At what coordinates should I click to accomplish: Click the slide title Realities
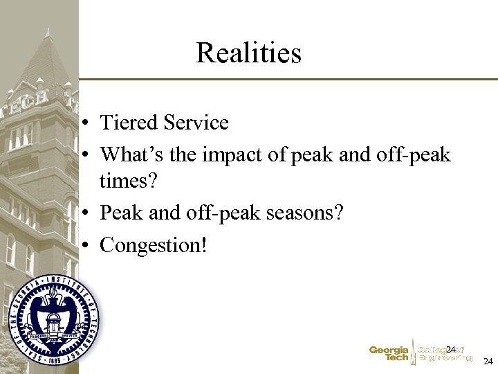click(248, 53)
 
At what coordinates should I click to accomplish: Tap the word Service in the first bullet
click(196, 123)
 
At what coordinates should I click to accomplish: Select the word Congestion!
click(154, 244)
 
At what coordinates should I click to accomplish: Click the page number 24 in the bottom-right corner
click(488, 362)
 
